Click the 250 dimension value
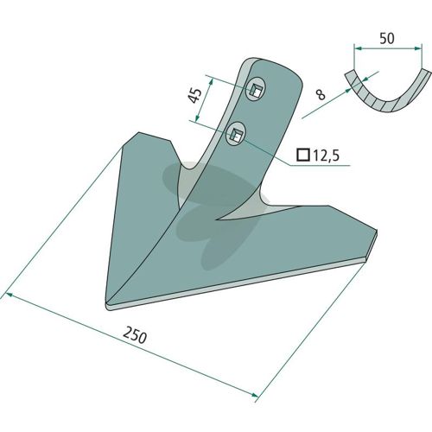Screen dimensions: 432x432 click(135, 336)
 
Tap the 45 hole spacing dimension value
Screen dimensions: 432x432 click(195, 96)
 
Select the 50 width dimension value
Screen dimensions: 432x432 click(387, 39)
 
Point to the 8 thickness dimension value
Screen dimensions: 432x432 click(321, 94)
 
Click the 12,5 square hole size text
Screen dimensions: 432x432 click(326, 156)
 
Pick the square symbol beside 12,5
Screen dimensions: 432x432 click(303, 155)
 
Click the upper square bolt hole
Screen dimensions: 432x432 click(255, 90)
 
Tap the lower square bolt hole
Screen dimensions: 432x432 click(236, 134)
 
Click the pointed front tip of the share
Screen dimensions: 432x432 click(108, 308)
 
